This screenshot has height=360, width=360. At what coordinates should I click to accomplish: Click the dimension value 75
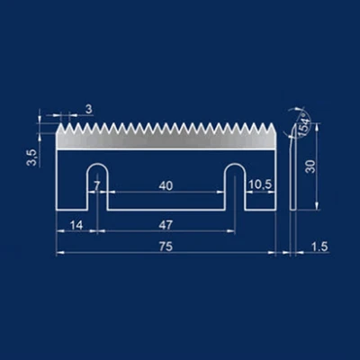pyautogui.click(x=166, y=247)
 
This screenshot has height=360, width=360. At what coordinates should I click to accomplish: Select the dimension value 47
pyautogui.click(x=166, y=225)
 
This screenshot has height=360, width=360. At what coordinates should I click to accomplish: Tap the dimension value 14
pyautogui.click(x=76, y=225)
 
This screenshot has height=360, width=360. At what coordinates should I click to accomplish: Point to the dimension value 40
pyautogui.click(x=166, y=186)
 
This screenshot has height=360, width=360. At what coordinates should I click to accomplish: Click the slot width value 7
pyautogui.click(x=96, y=186)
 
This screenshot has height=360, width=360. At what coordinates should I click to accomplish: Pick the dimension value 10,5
pyautogui.click(x=260, y=185)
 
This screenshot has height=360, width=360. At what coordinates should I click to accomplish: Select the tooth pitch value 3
pyautogui.click(x=89, y=109)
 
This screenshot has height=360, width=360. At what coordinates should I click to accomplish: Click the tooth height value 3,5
pyautogui.click(x=31, y=157)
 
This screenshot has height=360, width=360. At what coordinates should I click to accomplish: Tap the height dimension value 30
pyautogui.click(x=310, y=166)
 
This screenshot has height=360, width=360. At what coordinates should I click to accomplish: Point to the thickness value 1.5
pyautogui.click(x=319, y=247)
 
